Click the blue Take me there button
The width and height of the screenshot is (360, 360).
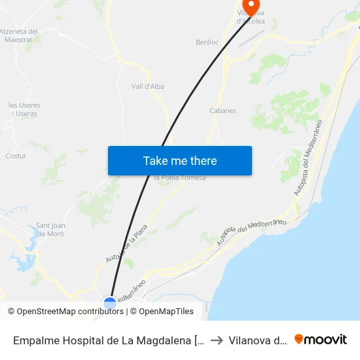[180, 160]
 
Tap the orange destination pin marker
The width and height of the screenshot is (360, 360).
[250, 7]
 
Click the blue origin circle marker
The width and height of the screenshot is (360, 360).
[110, 303]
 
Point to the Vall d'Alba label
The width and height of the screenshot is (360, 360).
[147, 86]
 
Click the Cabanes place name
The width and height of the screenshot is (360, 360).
[223, 111]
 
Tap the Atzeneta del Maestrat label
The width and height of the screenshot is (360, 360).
[19, 35]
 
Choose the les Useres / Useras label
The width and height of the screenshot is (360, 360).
[24, 109]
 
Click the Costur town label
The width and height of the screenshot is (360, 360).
[16, 156]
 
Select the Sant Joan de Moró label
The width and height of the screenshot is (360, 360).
[50, 229]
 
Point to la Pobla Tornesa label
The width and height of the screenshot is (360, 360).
[179, 178]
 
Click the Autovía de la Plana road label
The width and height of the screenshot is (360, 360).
[127, 244]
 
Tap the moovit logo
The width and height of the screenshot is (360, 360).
[321, 339]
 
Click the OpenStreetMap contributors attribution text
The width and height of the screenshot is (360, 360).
[70, 312]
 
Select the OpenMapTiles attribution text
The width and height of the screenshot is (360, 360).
[166, 312]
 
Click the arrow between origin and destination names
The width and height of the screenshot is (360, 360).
[217, 340]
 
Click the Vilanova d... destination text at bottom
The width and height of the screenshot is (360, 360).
[257, 340]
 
